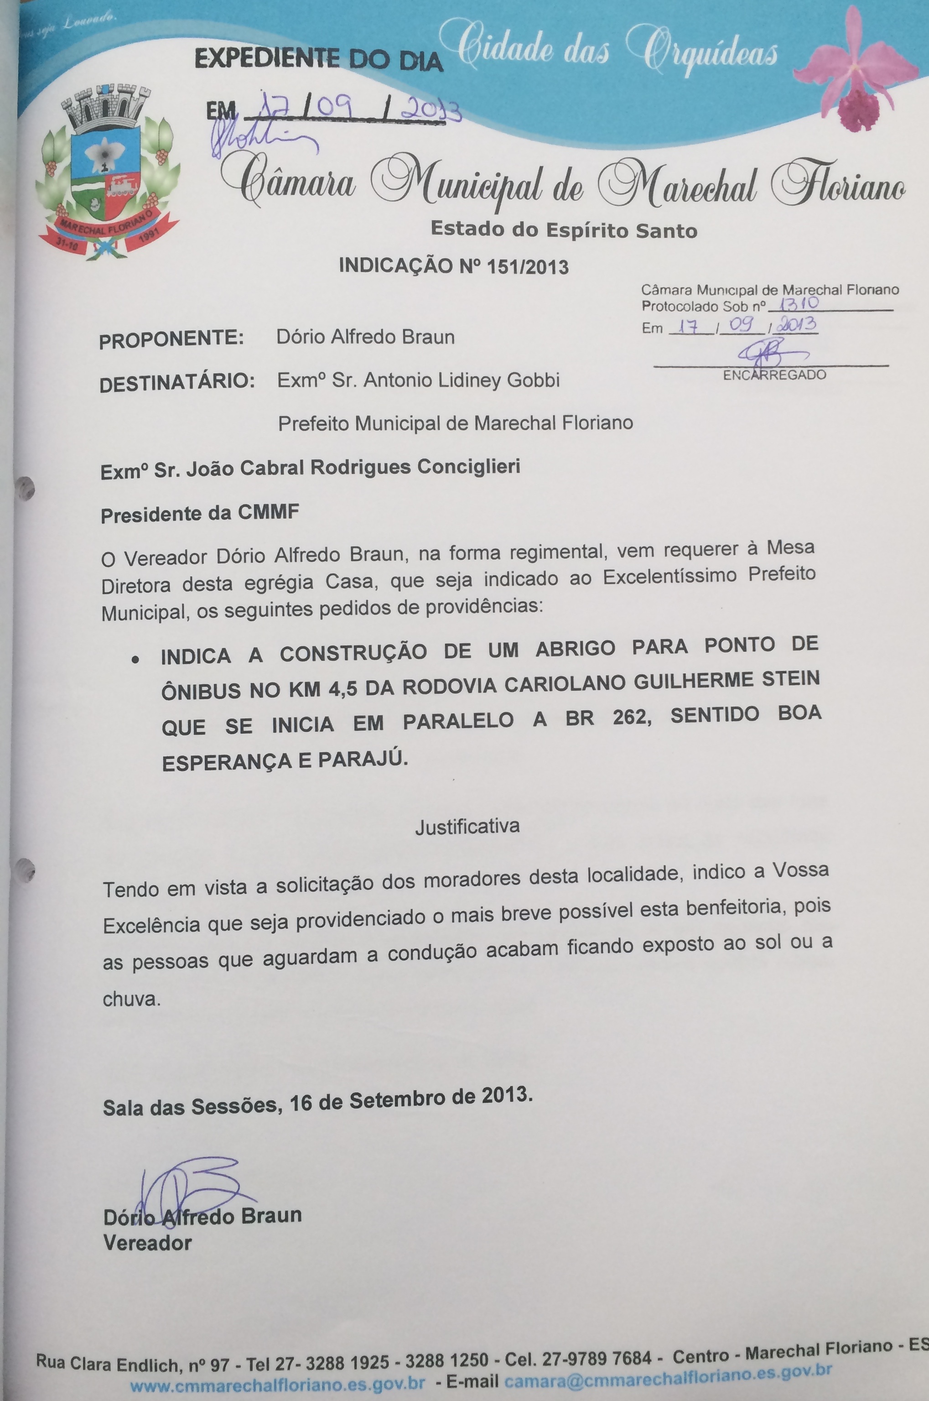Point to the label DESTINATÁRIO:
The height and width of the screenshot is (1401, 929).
[x=176, y=383]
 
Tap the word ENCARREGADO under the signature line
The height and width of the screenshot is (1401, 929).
[x=774, y=375]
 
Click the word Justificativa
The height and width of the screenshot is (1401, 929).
[x=467, y=826]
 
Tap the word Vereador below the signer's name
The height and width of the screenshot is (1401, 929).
[x=147, y=1243]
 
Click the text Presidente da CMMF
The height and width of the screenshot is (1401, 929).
[x=200, y=513]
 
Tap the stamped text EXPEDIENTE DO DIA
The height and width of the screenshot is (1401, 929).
[x=319, y=60]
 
